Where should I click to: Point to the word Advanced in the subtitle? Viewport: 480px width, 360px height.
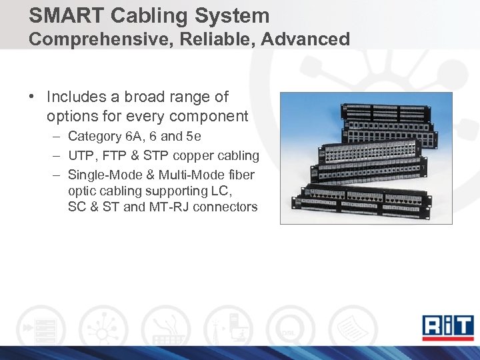coord(305,39)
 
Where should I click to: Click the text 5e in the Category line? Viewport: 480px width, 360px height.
coord(193,137)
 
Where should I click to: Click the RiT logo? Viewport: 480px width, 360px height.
coord(446,325)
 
